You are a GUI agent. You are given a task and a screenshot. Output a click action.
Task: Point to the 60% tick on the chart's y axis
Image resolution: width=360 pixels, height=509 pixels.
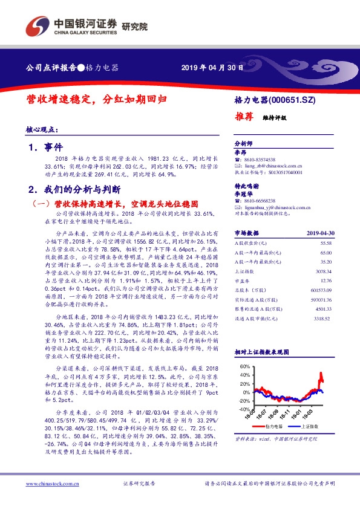coord(244,367)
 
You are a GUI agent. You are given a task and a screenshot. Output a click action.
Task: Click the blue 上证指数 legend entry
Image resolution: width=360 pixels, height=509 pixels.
coord(308,426)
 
